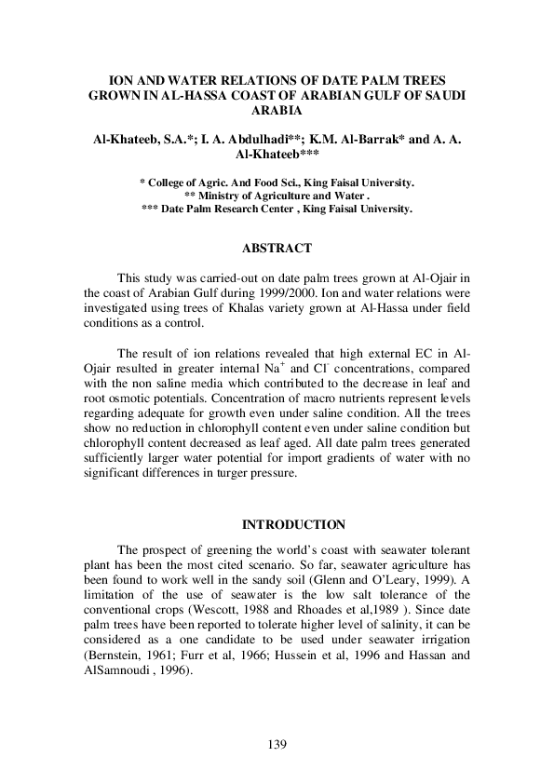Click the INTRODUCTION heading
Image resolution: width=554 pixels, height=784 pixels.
pos(277,525)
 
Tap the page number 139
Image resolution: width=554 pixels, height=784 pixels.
pos(277,744)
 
